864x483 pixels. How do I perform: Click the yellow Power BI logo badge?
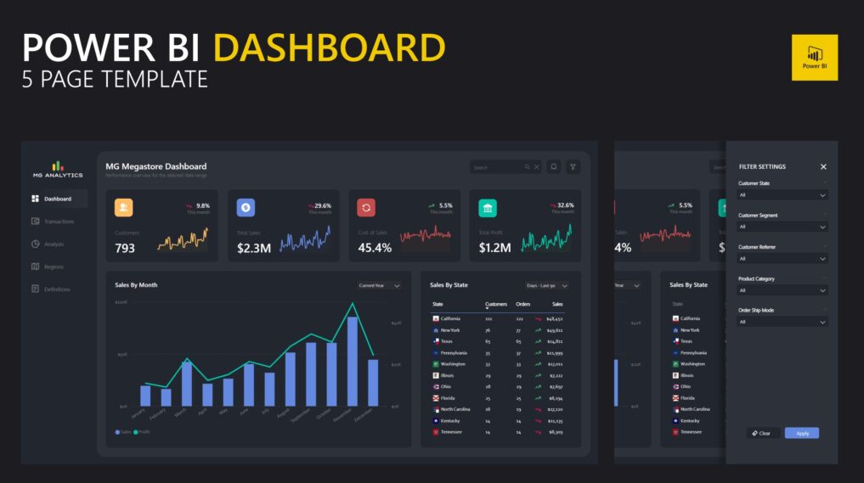[814, 57]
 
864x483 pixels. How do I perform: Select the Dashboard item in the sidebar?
[57, 199]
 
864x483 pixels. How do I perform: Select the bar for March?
[187, 383]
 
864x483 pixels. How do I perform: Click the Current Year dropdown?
[379, 286]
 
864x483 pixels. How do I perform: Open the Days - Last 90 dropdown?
[547, 286]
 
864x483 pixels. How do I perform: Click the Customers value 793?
[125, 248]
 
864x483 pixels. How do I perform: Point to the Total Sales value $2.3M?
[253, 248]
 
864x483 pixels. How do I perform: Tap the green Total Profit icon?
[488, 208]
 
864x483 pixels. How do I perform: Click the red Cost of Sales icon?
[366, 208]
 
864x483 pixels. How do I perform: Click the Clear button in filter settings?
[762, 433]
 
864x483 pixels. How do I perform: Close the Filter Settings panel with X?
[823, 167]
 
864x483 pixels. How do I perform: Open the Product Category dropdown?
[782, 290]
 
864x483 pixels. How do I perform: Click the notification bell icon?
[554, 167]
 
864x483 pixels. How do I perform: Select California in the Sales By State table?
[450, 318]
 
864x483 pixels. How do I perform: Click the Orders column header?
[523, 304]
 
